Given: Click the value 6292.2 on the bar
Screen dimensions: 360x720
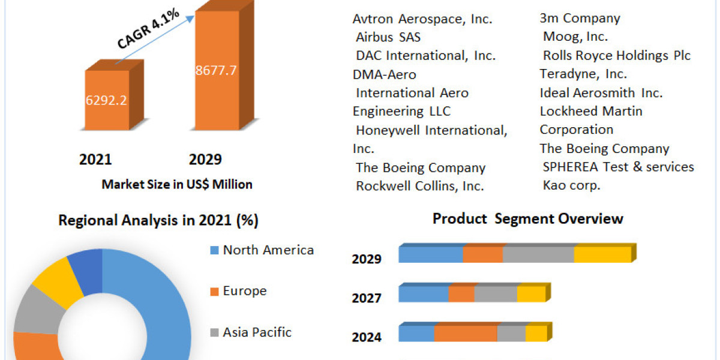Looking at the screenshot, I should pos(106,101).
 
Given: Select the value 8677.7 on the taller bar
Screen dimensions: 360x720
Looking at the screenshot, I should pos(216,70).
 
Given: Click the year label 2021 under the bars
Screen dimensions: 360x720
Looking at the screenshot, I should pos(95,160).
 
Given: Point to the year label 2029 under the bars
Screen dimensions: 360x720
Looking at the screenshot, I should pos(205,160).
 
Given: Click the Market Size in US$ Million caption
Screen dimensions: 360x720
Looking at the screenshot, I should pos(177,184).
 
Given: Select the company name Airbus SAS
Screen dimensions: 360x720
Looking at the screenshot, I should pos(388,37).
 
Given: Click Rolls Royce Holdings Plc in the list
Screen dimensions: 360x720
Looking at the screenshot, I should pos(617,56).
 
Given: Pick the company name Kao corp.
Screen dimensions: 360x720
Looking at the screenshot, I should pos(571,185).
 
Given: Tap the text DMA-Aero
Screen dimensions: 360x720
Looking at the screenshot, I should pos(384,74).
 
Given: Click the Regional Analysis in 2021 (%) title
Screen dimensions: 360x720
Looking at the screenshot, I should pos(158,221).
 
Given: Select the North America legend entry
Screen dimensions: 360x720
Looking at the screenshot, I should pos(268,250).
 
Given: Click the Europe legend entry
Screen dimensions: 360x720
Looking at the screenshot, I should pos(244,291).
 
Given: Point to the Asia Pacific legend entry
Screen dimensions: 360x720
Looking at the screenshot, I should pos(257,332).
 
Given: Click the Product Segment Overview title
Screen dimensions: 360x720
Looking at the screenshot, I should pos(527,219).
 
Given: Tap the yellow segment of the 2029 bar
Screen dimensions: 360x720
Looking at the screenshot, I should pos(602,254).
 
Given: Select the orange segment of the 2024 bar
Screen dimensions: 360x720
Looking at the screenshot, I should pos(466,334).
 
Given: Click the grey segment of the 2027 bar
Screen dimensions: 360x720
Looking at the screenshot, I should pos(496,294).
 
